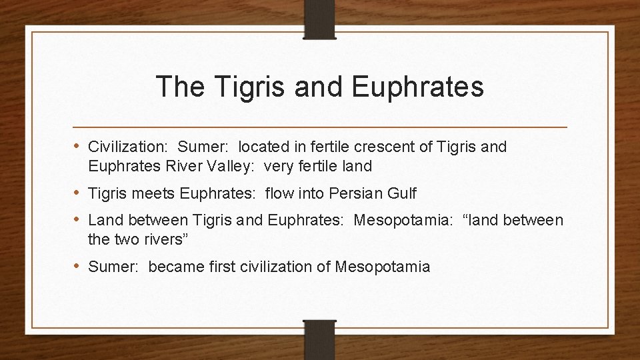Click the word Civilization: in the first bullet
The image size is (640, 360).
(x=129, y=147)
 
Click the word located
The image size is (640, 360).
(x=264, y=147)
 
